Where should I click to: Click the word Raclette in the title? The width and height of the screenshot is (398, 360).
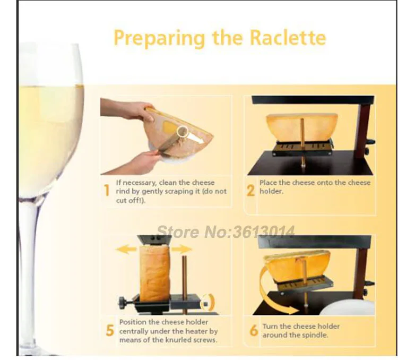pyautogui.click(x=288, y=38)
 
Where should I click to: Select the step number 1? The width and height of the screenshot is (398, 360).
pyautogui.click(x=107, y=191)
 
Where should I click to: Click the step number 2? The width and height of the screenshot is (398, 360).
pyautogui.click(x=250, y=191)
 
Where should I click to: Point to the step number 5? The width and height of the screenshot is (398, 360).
pyautogui.click(x=110, y=330)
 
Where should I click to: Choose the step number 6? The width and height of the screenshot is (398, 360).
pyautogui.click(x=254, y=330)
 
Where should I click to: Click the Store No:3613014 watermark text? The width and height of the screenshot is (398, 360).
pyautogui.click(x=226, y=232)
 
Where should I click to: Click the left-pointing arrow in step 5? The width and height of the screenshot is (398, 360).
pyautogui.click(x=126, y=250)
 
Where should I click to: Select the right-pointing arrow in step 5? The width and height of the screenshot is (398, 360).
pyautogui.click(x=181, y=249)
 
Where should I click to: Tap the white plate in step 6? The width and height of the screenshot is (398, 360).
pyautogui.click(x=348, y=307)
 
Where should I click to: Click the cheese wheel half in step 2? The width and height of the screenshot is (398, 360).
pyautogui.click(x=302, y=128)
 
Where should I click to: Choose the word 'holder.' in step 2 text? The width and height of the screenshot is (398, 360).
pyautogui.click(x=271, y=191)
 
